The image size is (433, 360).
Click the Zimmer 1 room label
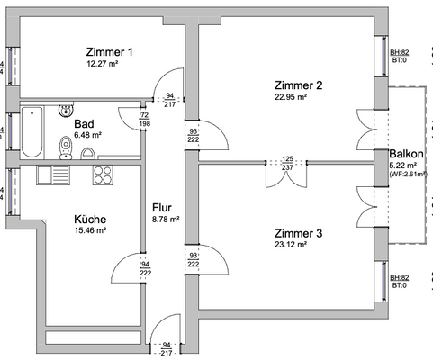click(x=110, y=51)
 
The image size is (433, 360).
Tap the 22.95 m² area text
click(x=291, y=97)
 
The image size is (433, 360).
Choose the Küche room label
click(x=90, y=219)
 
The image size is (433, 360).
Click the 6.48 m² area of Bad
click(x=87, y=136)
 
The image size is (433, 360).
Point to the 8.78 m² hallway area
click(x=165, y=219)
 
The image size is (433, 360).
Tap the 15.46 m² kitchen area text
click(x=90, y=231)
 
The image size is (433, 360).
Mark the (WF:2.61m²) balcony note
click(x=409, y=175)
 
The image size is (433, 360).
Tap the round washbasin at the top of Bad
click(x=65, y=112)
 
